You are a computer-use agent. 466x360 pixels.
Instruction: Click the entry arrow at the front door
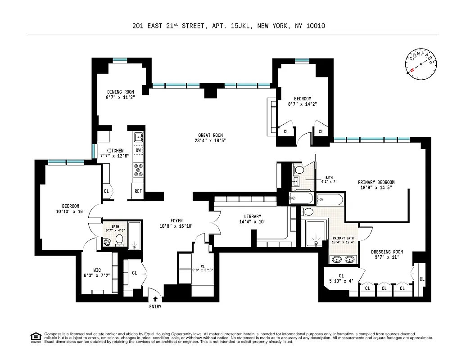155,298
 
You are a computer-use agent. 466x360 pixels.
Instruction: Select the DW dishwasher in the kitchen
138,150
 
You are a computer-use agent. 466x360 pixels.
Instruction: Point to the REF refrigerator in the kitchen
138,191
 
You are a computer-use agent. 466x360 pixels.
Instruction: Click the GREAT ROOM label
210,135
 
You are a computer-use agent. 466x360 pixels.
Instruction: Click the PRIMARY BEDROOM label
376,182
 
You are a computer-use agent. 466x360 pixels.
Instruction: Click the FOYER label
176,220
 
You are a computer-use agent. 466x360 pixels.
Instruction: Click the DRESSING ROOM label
387,252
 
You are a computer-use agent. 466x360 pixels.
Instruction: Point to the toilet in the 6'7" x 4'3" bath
120,240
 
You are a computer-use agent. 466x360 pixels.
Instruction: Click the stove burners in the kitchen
138,170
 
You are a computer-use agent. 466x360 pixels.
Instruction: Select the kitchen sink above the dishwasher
138,136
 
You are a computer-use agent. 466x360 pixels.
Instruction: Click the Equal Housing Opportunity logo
35,337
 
